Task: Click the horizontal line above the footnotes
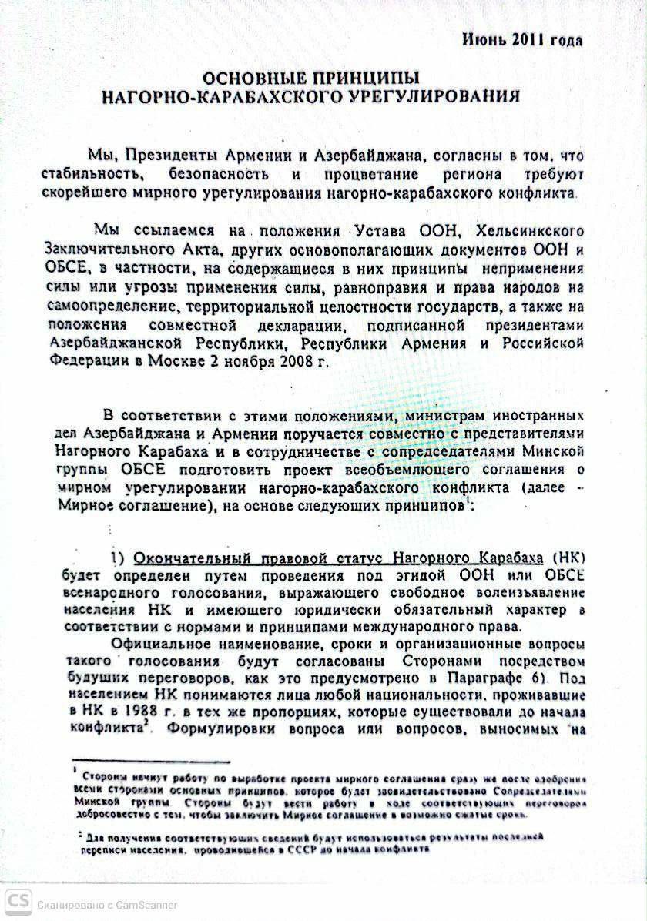150,761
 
